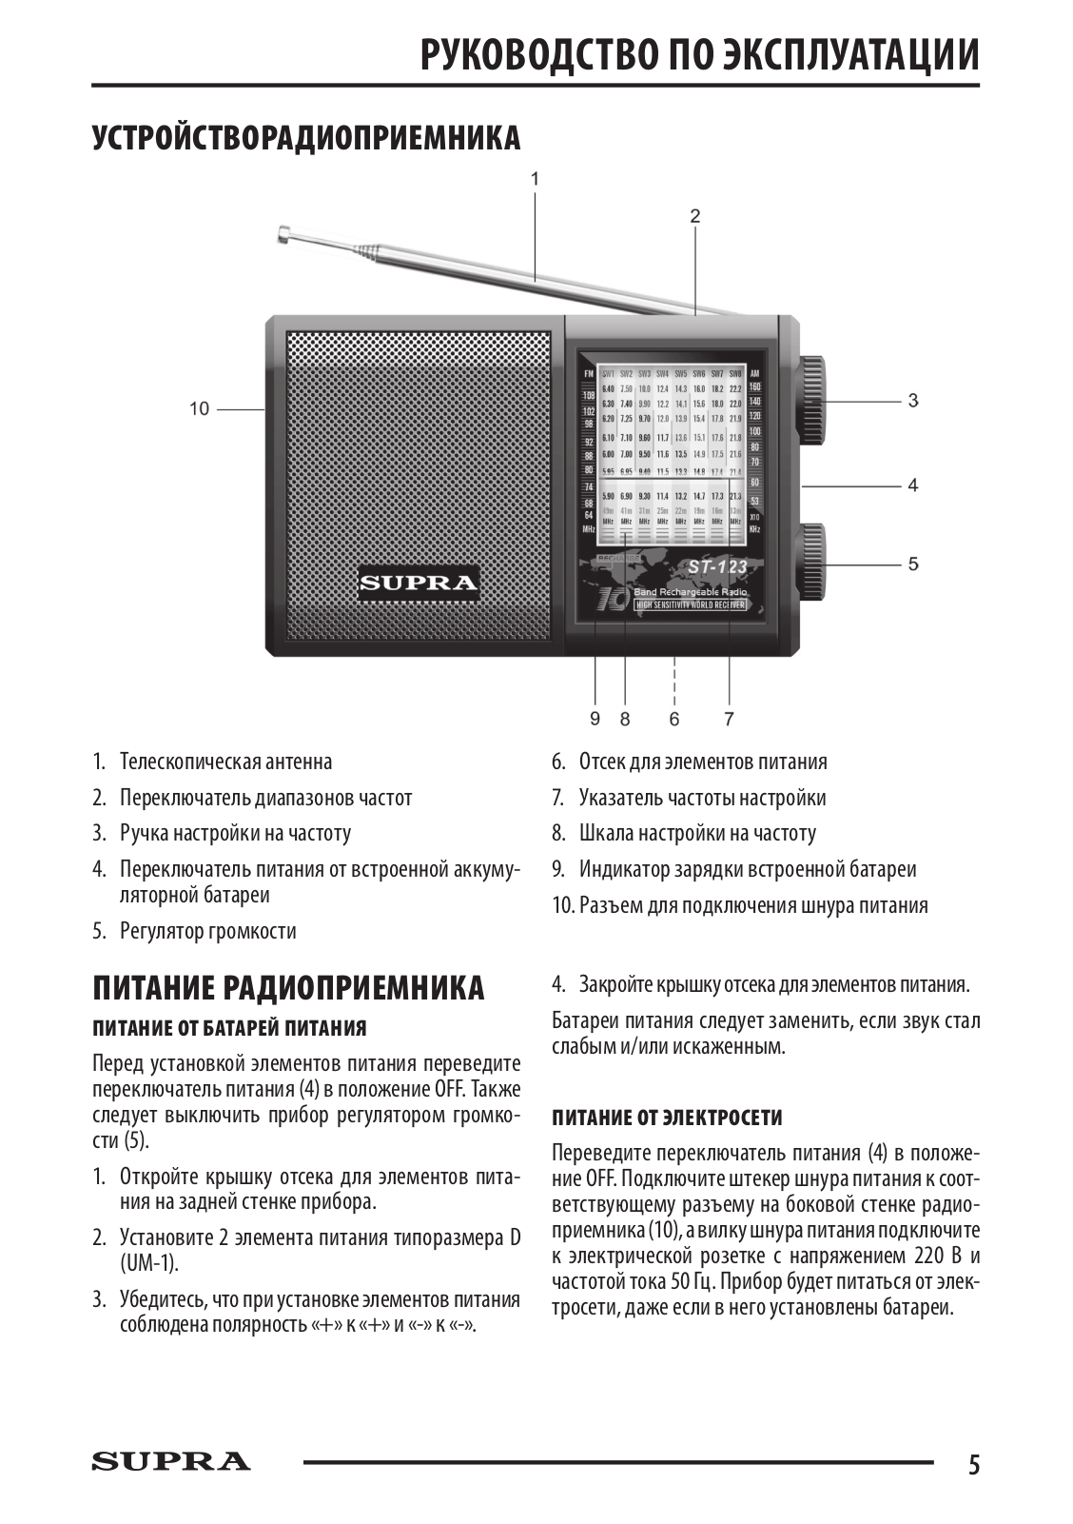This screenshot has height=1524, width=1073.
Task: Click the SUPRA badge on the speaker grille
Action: [418, 582]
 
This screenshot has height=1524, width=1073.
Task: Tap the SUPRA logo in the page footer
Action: [171, 1461]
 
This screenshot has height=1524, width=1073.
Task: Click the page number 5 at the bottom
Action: [973, 1464]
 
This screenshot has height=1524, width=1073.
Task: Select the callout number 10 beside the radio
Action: [199, 409]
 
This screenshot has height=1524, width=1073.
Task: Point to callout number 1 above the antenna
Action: [536, 178]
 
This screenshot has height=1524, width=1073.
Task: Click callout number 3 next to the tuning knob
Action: [913, 401]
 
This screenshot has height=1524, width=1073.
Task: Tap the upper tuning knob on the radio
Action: [811, 400]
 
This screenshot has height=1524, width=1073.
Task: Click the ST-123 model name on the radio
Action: [717, 567]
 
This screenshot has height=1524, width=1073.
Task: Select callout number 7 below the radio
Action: [729, 719]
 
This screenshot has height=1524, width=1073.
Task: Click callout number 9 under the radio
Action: [595, 719]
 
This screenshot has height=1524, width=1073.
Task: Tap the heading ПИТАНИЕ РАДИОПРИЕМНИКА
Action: [288, 988]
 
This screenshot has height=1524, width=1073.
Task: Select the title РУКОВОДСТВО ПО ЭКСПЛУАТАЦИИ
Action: [700, 54]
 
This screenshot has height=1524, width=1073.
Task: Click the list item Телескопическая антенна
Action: [225, 762]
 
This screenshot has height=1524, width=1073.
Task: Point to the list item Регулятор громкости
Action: [207, 931]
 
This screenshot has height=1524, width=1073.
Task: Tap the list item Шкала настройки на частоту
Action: [696, 834]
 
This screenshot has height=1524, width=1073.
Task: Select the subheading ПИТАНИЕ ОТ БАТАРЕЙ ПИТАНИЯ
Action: [229, 1028]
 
